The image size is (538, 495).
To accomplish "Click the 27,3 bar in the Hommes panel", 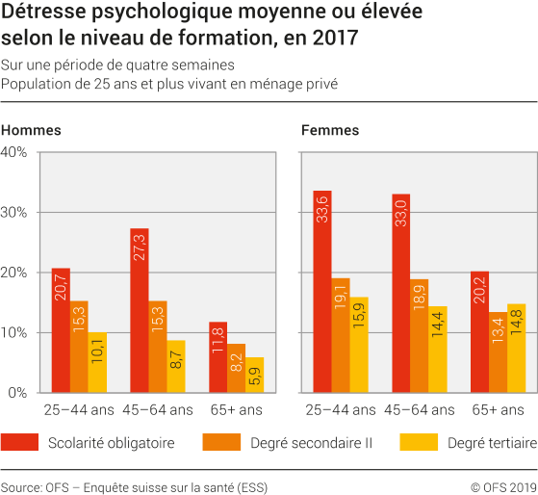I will click(x=139, y=310).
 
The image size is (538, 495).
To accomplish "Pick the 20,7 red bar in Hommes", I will click(x=61, y=330).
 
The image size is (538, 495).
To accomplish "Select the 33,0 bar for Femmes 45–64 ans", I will click(x=400, y=293).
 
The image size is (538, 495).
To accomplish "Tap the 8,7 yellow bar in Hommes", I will click(x=176, y=366).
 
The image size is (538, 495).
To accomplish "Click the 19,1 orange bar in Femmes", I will click(x=341, y=335).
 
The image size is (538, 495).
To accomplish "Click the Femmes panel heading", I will click(x=329, y=130).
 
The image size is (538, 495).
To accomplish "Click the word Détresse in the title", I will click(x=38, y=15).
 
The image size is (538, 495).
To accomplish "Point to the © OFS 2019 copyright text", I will click(x=502, y=487).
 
